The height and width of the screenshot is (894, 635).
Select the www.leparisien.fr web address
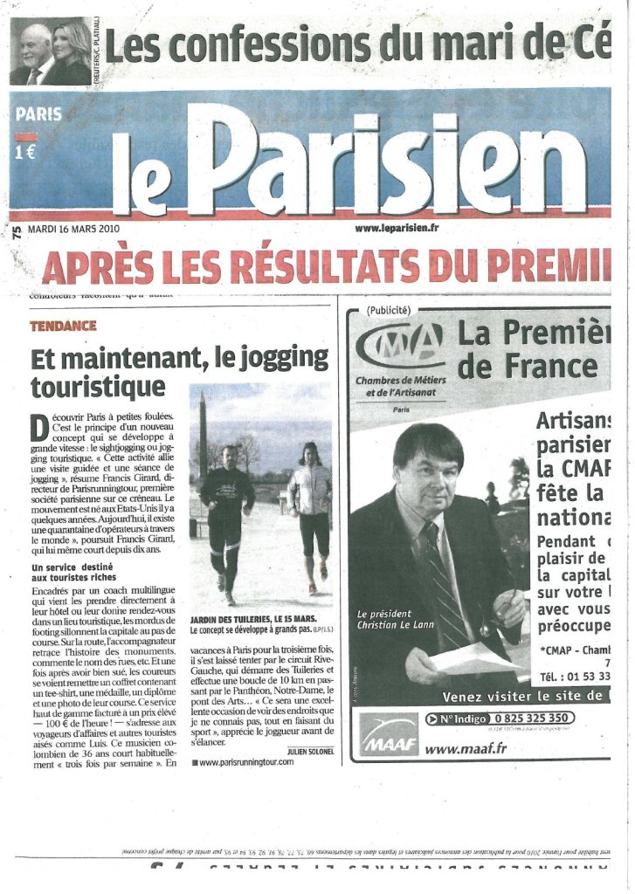[x=397, y=229]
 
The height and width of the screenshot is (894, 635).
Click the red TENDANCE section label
[x=63, y=326]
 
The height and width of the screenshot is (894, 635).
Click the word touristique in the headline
[x=98, y=385]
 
